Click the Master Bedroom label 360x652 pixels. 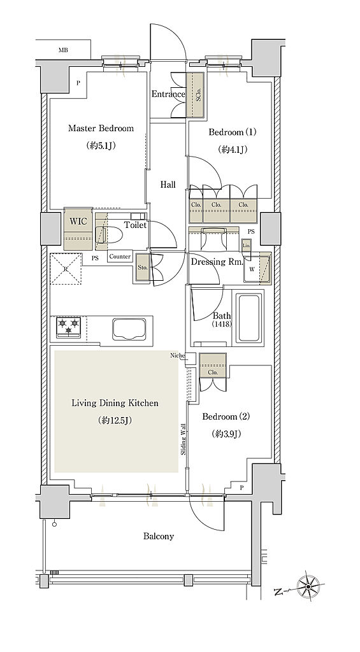pos(101,128)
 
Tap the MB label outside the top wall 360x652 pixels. pos(63,50)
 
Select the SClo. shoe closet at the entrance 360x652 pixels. pos(196,96)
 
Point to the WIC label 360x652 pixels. pos(78,221)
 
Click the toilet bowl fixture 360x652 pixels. pos(110,236)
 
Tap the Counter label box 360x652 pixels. pos(120,257)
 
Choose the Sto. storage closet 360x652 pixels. pos(143,267)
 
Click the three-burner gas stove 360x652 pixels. pos(68,327)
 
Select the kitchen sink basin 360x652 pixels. pos(129,329)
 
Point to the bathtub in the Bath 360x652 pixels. pos(249,318)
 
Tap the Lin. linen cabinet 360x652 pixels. pos(247,245)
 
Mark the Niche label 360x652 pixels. pos(177,355)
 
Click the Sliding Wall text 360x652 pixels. pos(183,439)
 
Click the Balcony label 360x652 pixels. pos(159,536)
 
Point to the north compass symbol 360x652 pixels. pos(308,586)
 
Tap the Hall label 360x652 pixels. pos(168,185)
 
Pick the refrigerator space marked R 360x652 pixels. pos(66,269)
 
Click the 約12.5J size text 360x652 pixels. pos(115,420)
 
